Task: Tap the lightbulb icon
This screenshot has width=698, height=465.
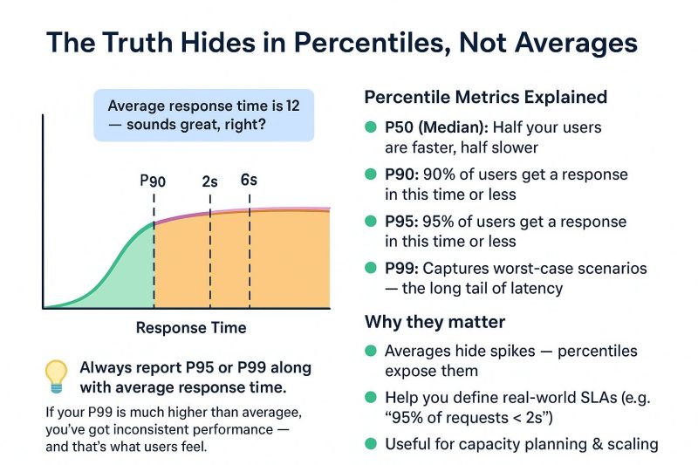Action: pyautogui.click(x=57, y=374)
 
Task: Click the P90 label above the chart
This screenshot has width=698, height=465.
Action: pyautogui.click(x=153, y=181)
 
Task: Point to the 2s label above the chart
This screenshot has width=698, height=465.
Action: pyautogui.click(x=209, y=181)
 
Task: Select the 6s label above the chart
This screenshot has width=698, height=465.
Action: pyautogui.click(x=249, y=181)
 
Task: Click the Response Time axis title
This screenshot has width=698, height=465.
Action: pyautogui.click(x=191, y=328)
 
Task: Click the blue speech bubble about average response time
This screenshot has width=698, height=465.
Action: pyautogui.click(x=203, y=115)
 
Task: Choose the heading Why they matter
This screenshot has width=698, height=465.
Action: pyautogui.click(x=435, y=322)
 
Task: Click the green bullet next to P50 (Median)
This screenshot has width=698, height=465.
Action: pyautogui.click(x=371, y=128)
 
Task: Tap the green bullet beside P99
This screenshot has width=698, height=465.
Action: pyautogui.click(x=371, y=269)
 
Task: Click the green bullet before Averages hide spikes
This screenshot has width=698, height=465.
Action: pyautogui.click(x=371, y=351)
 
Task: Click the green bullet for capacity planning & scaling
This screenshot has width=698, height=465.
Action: pyautogui.click(x=371, y=444)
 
